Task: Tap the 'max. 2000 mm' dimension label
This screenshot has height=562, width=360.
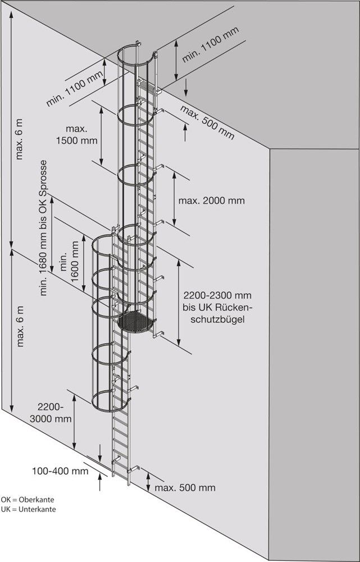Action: point(211,200)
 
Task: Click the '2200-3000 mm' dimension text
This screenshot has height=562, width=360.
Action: point(54,412)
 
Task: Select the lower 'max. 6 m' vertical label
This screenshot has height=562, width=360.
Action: point(20,326)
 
